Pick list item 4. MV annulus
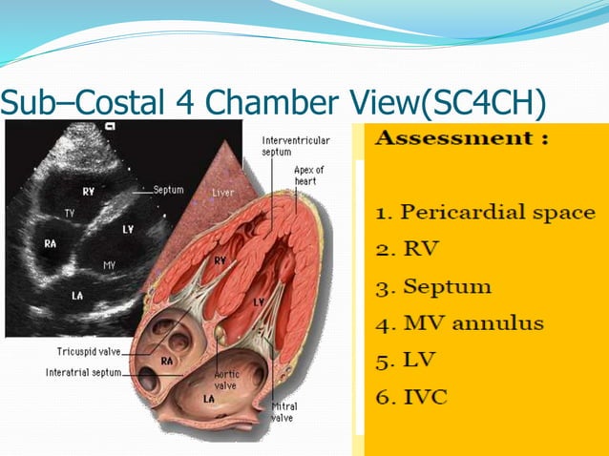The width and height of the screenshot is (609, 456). click(x=460, y=323)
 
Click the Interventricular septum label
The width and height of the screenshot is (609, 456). click(x=296, y=146)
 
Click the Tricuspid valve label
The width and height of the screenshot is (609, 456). click(x=82, y=353)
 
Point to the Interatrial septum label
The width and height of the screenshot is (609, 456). click(x=83, y=372)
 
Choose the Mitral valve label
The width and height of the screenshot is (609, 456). click(x=283, y=411)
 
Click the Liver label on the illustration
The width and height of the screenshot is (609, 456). click(x=222, y=193)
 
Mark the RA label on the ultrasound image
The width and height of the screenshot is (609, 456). click(x=51, y=243)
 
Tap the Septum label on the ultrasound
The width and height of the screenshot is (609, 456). click(x=168, y=190)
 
